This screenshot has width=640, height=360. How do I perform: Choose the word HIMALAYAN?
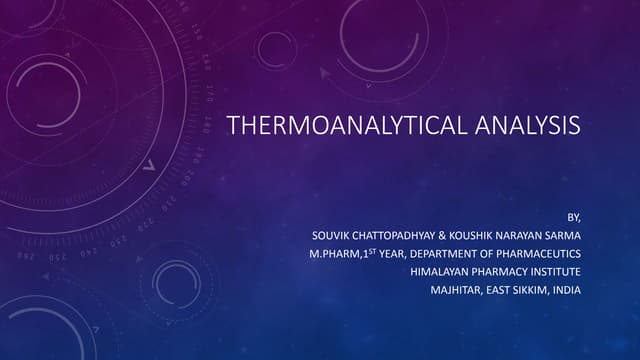[x=439, y=272]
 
